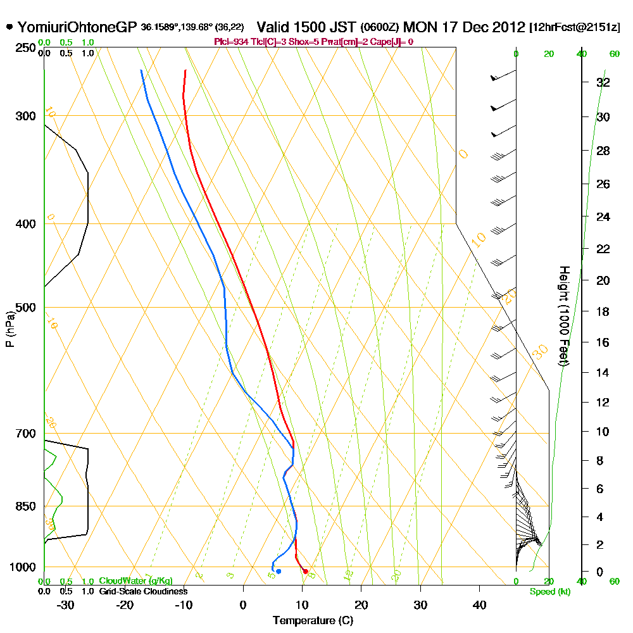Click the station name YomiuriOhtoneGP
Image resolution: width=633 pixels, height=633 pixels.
[77, 27]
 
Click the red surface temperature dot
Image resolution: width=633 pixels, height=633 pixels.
[306, 572]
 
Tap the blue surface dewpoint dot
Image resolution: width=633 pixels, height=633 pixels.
[279, 572]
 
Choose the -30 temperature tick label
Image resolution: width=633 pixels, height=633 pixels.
[66, 605]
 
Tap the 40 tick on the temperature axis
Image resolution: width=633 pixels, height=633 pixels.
[480, 605]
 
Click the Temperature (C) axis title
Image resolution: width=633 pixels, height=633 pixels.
[313, 621]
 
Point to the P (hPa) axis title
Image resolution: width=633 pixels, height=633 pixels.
[9, 329]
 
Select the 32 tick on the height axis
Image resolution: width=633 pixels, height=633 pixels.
[603, 82]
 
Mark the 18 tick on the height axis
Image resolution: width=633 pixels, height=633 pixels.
[603, 311]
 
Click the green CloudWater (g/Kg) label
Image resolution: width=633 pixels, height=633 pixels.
[135, 581]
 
